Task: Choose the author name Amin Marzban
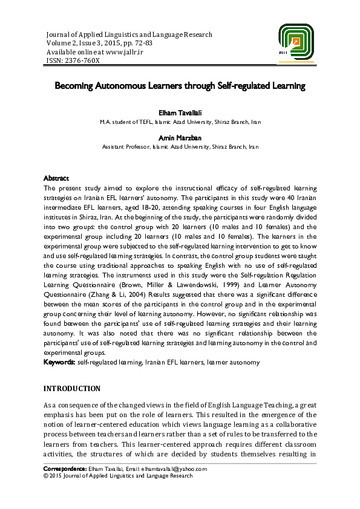coord(180,137)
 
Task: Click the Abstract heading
coord(56,178)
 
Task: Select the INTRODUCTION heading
coord(72,388)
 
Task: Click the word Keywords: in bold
coord(59,362)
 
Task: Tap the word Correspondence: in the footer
coord(66,469)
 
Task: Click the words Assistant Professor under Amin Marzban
coord(124,147)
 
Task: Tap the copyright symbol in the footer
coord(46,476)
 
